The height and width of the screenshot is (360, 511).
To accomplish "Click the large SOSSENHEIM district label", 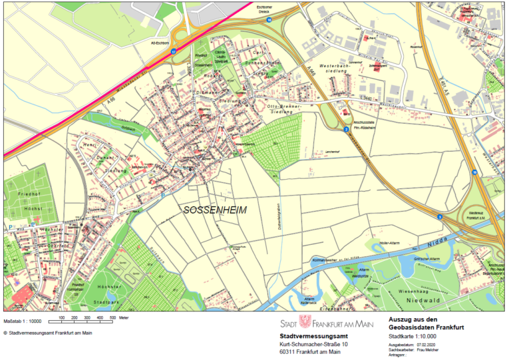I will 214,210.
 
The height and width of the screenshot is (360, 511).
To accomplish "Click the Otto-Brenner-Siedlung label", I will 285,108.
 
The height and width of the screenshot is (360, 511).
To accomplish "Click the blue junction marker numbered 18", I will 269,21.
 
